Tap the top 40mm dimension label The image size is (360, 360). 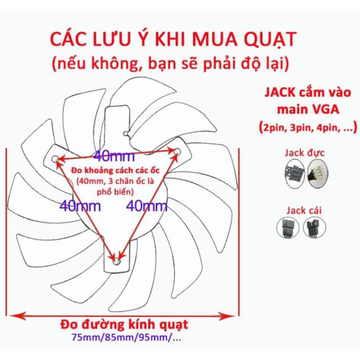[x=114, y=156]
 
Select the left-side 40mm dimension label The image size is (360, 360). [x=81, y=206]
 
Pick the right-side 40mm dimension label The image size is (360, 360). [x=147, y=206]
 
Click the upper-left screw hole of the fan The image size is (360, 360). [x=55, y=158]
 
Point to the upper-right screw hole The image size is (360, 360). [x=177, y=152]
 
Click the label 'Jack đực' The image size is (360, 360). [x=305, y=153]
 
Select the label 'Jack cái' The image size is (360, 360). [x=304, y=210]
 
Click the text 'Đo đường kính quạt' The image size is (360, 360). [x=124, y=325]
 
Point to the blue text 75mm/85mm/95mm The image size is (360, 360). [x=124, y=339]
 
